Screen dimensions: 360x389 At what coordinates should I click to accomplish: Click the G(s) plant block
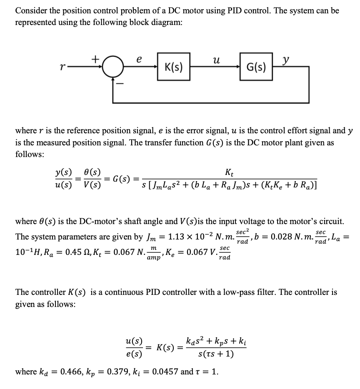point(257,66)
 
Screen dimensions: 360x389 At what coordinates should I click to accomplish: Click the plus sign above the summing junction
point(95,59)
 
